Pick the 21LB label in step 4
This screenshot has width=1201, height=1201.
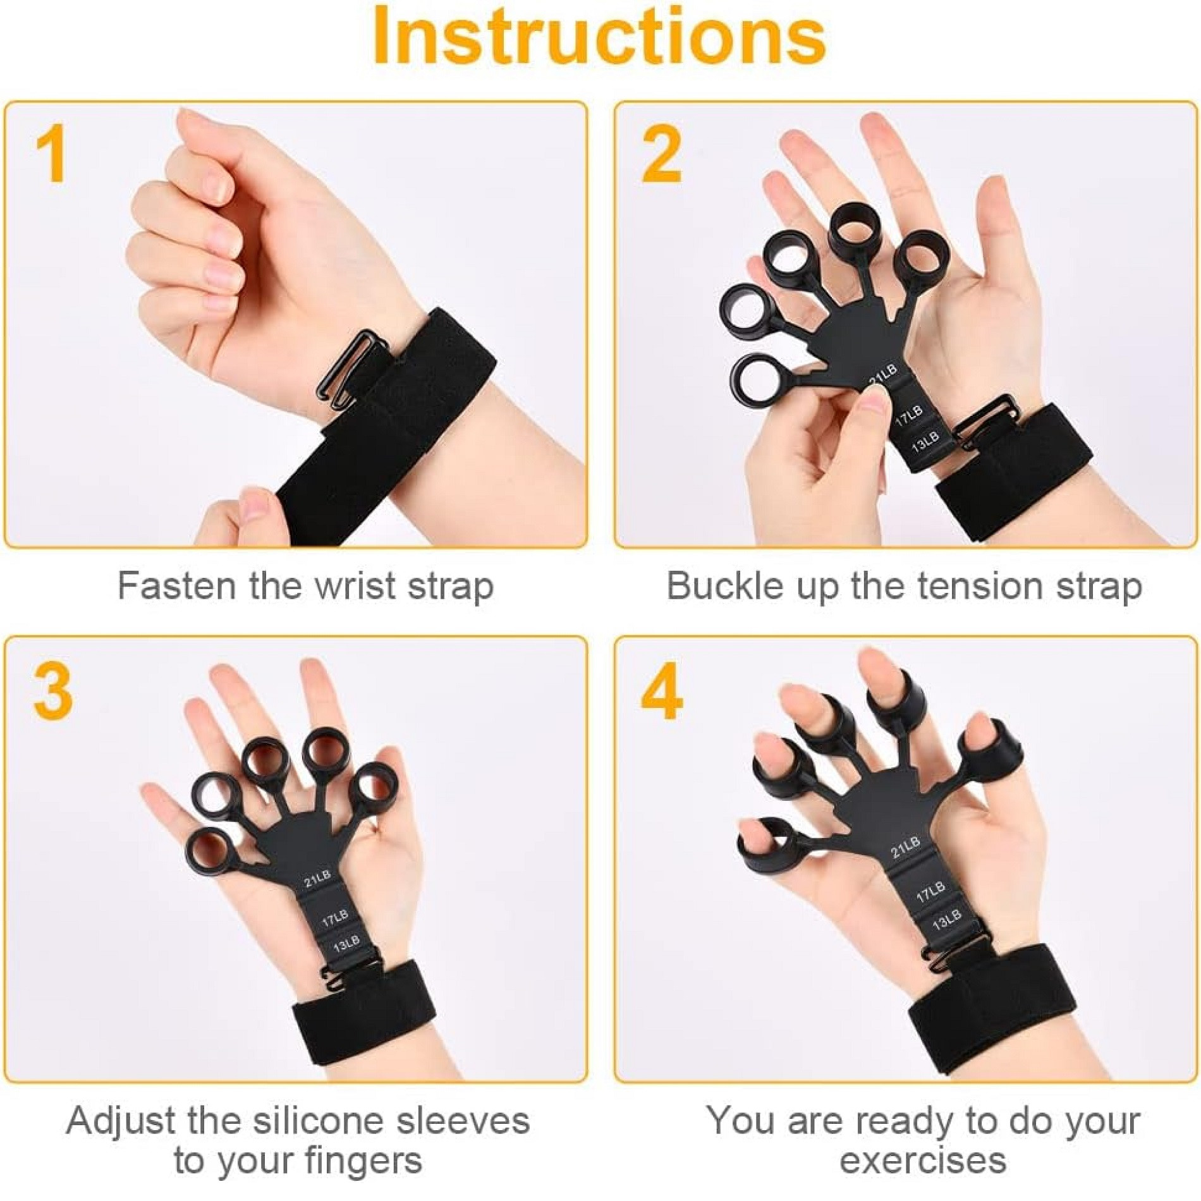point(905,846)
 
